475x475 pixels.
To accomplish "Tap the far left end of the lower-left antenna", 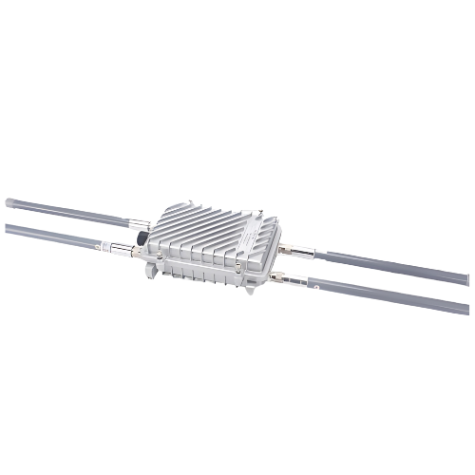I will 8,229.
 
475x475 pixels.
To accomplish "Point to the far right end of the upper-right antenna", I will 466,279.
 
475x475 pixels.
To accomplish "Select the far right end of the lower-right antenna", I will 466,309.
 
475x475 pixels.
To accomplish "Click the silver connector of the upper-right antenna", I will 302,252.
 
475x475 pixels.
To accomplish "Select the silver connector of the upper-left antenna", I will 139,225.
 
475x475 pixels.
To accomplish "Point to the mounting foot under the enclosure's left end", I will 152,273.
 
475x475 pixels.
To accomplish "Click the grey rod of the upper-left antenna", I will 66,213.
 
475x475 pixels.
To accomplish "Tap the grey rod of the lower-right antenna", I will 389,295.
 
